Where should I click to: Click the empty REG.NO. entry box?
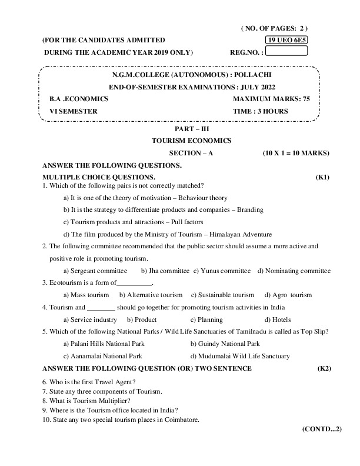tap(286, 51)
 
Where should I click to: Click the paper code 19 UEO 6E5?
tap(286, 40)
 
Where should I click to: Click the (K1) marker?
tap(322, 177)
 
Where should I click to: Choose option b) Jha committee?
tap(165, 271)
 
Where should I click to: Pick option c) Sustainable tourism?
tap(223, 295)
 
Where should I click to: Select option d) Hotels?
tap(278, 319)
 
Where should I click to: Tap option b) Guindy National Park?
tap(225, 344)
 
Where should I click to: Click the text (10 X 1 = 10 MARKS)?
tap(296, 153)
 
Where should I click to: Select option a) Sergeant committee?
tap(95, 271)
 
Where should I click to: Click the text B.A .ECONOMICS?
tap(71, 99)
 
